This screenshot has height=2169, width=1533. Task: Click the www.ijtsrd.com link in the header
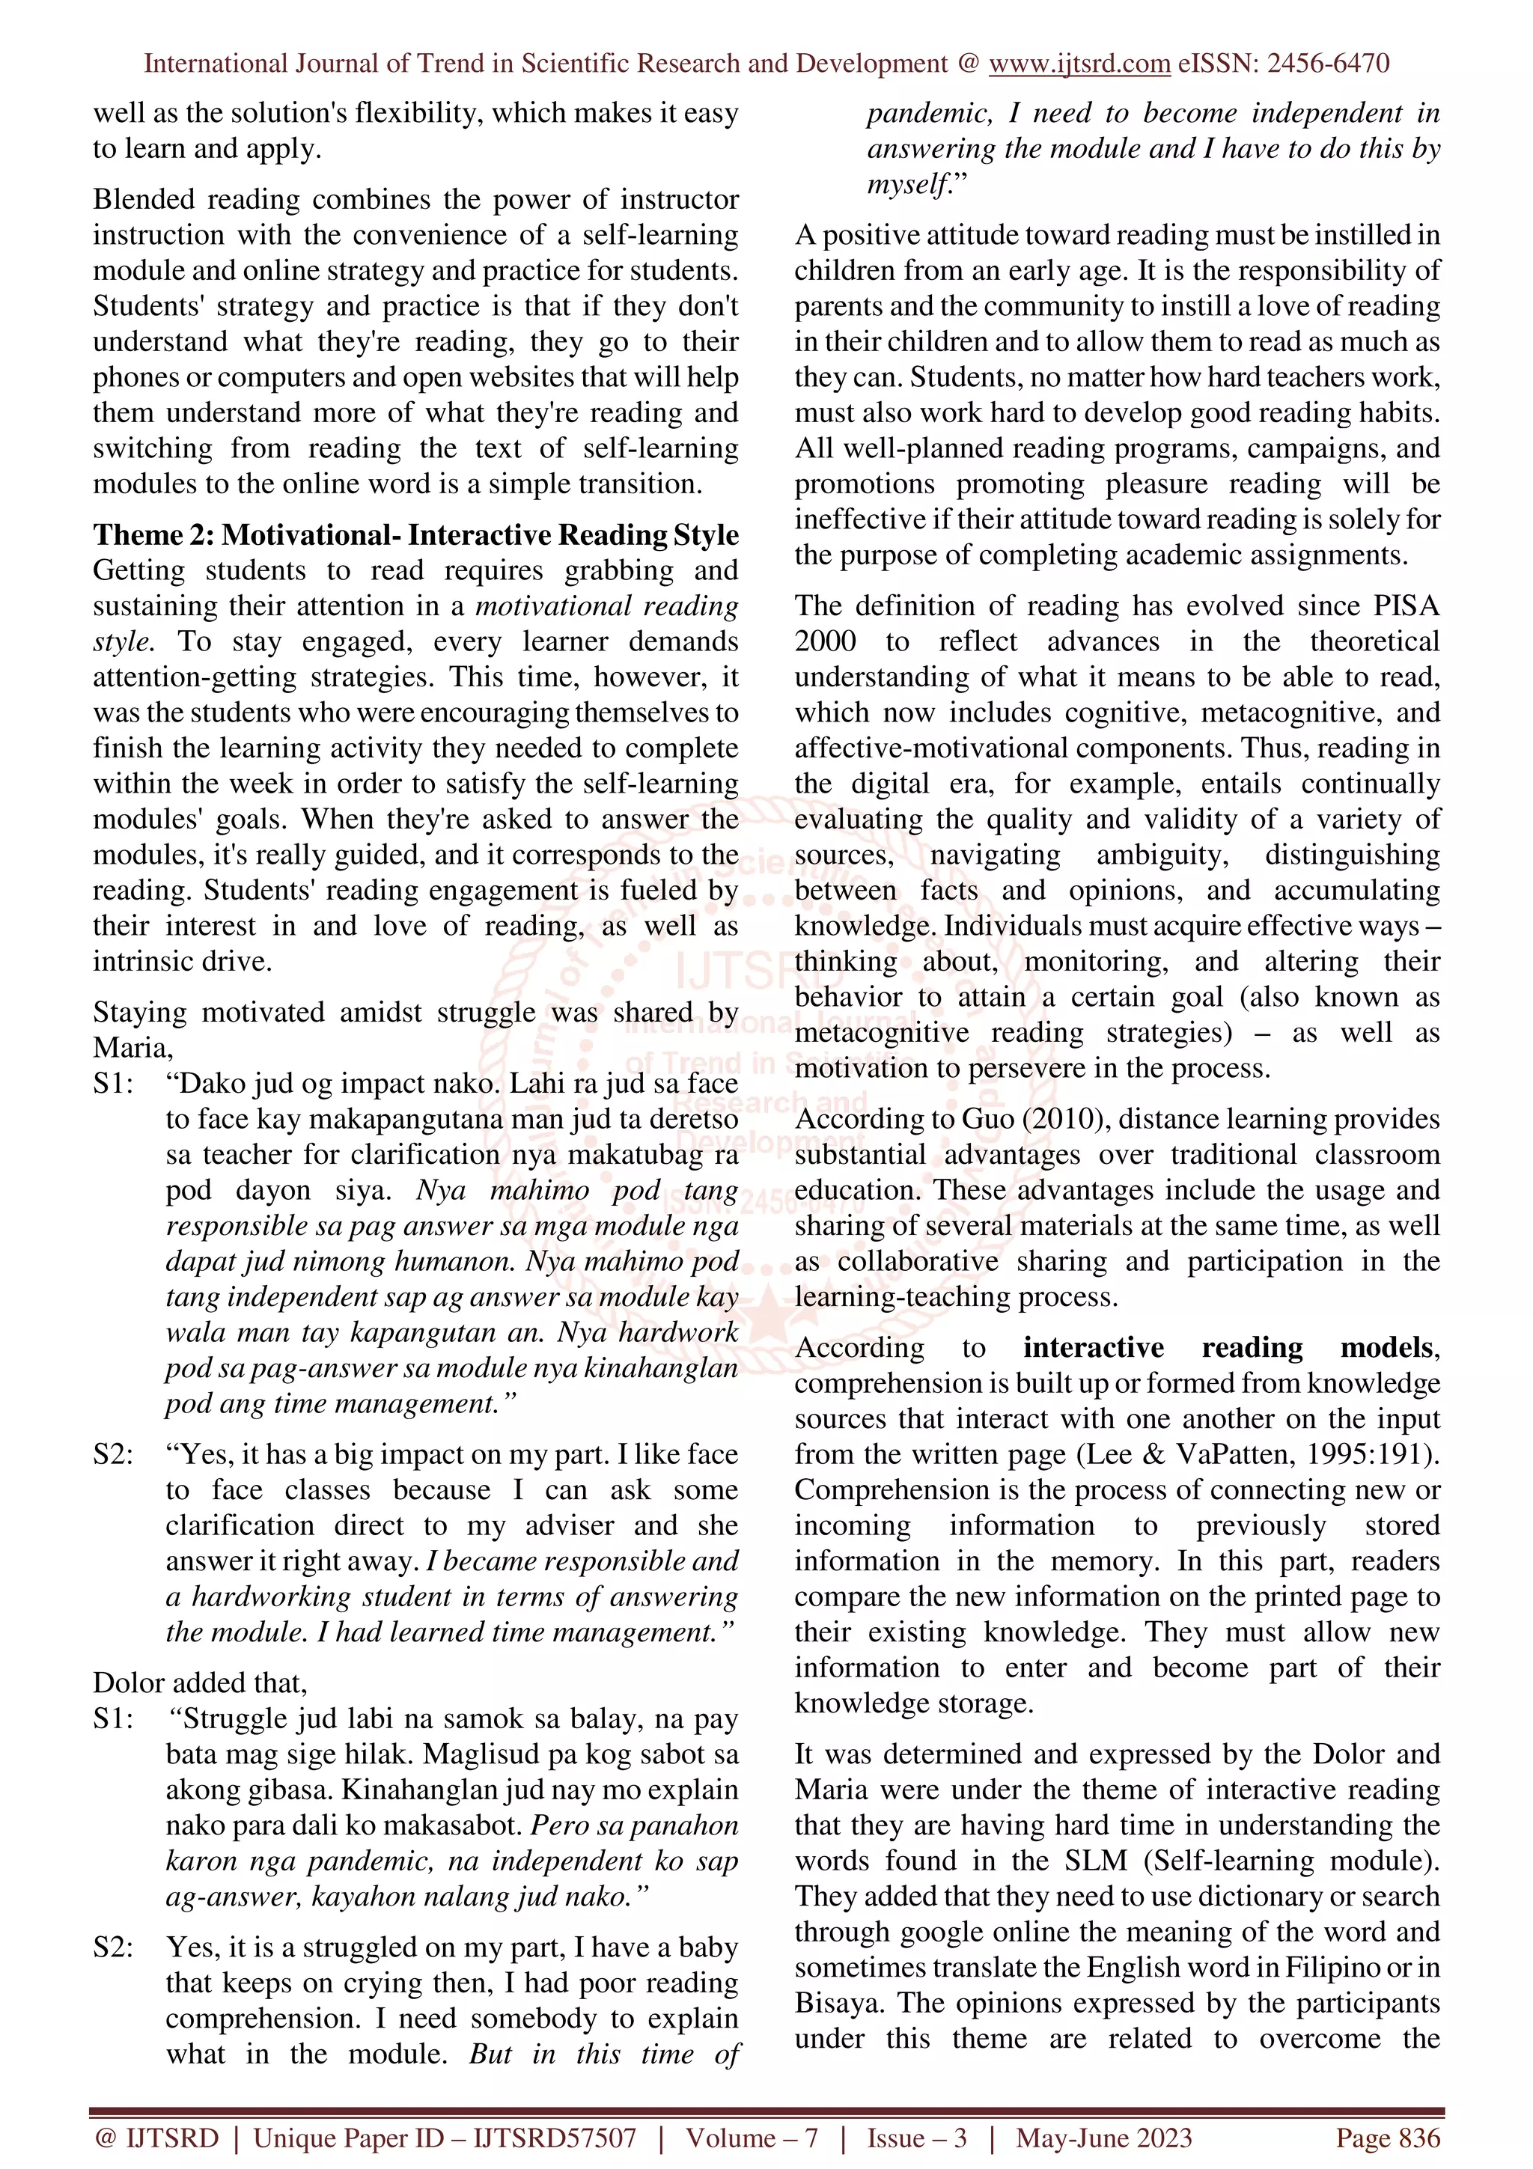[x=1079, y=64]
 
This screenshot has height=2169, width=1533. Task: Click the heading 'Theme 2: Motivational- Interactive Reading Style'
[x=415, y=534]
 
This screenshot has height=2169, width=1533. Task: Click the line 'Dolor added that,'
[x=201, y=1683]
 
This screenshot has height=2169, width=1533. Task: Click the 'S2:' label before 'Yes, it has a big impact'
[x=113, y=1454]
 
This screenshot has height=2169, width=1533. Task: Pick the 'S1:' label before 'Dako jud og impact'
[x=113, y=1084]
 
